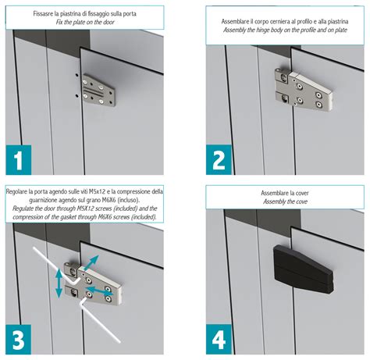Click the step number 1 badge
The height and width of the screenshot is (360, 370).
pyautogui.click(x=19, y=160)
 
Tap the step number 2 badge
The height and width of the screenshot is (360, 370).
pyautogui.click(x=219, y=159)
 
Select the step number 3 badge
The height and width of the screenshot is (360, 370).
pyautogui.click(x=19, y=340)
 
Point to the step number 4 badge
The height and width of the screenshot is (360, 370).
pyautogui.click(x=219, y=339)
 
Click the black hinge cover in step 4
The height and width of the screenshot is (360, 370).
pyautogui.click(x=303, y=269)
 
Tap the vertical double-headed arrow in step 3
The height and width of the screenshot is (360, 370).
pyautogui.click(x=59, y=283)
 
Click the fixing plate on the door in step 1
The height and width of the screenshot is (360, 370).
pyautogui.click(x=98, y=91)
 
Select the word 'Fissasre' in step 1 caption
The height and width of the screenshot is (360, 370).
pyautogui.click(x=41, y=13)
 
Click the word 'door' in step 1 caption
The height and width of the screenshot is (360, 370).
pyautogui.click(x=108, y=22)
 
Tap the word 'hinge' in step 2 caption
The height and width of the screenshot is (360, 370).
pyautogui.click(x=263, y=30)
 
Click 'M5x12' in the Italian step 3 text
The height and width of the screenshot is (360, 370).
pyautogui.click(x=97, y=192)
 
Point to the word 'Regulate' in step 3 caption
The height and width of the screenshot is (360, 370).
pyautogui.click(x=23, y=209)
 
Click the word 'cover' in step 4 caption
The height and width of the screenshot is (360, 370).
pyautogui.click(x=302, y=193)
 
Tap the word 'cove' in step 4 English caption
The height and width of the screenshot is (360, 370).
pyautogui.click(x=301, y=201)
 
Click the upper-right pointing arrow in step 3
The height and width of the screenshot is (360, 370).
pyautogui.click(x=91, y=262)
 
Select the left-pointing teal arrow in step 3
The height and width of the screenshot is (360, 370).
pyautogui.click(x=99, y=290)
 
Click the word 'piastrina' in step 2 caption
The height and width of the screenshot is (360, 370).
pyautogui.click(x=338, y=22)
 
